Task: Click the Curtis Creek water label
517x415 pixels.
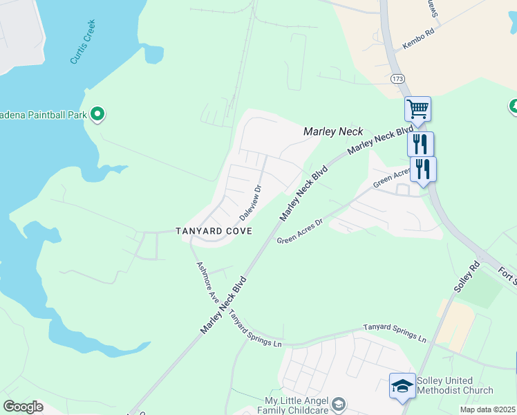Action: pyautogui.click(x=83, y=43)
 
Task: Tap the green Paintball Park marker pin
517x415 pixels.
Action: pyautogui.click(x=97, y=113)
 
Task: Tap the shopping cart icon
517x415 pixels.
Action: pyautogui.click(x=417, y=109)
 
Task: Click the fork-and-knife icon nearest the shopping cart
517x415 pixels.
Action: pyautogui.click(x=420, y=144)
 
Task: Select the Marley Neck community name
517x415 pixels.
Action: pyautogui.click(x=333, y=131)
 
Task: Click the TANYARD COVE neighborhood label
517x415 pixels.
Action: pyautogui.click(x=213, y=230)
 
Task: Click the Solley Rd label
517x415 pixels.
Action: pyautogui.click(x=467, y=276)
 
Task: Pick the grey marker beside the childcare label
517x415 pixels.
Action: pyautogui.click(x=339, y=403)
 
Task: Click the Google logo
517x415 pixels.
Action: pyautogui.click(x=23, y=406)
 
